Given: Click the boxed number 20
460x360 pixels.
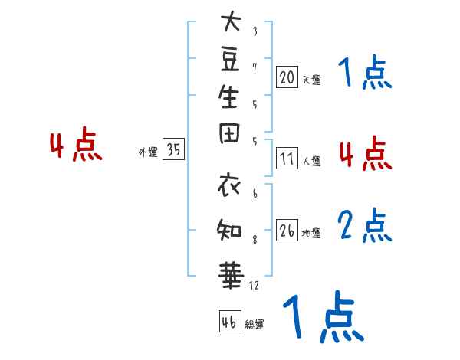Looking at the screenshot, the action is tap(287, 77).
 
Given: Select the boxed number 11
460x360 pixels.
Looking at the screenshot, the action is tap(287, 159).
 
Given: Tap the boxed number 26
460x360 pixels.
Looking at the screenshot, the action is tap(287, 231).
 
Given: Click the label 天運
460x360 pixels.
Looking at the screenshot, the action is tap(311, 80).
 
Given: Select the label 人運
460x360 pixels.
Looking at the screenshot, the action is tap(311, 162).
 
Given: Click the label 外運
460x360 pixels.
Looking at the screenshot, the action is tap(148, 152).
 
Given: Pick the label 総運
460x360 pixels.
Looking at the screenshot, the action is tap(255, 325).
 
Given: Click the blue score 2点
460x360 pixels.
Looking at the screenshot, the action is tap(365, 225).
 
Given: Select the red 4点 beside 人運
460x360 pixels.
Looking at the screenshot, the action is tap(365, 153).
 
